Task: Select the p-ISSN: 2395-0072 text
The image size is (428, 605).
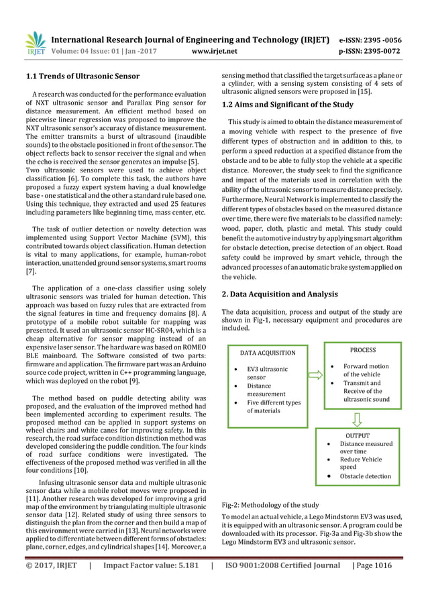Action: pyautogui.click(x=380, y=50)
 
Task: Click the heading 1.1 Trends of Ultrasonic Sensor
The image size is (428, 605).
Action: pyautogui.click(x=83, y=76)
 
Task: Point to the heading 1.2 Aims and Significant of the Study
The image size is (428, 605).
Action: pyautogui.click(x=287, y=105)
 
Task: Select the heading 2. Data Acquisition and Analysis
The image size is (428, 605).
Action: pyautogui.click(x=280, y=294)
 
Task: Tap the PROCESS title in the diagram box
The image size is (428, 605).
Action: pyautogui.click(x=363, y=350)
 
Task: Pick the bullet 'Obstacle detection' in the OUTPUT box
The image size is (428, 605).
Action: pyautogui.click(x=365, y=476)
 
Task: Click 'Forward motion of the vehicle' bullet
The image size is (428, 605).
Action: pyautogui.click(x=366, y=370)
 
